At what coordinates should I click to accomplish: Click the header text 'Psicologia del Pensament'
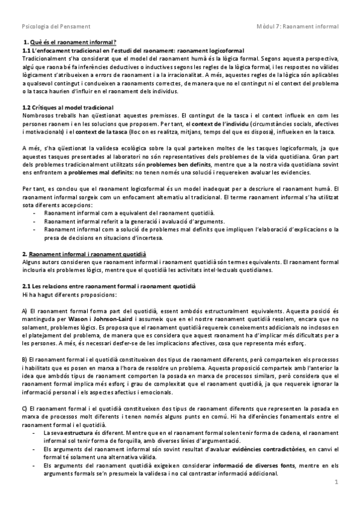[x=56, y=26]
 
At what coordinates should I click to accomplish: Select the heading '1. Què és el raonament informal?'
[x=70, y=42]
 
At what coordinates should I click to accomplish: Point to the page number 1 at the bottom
[x=337, y=482]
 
